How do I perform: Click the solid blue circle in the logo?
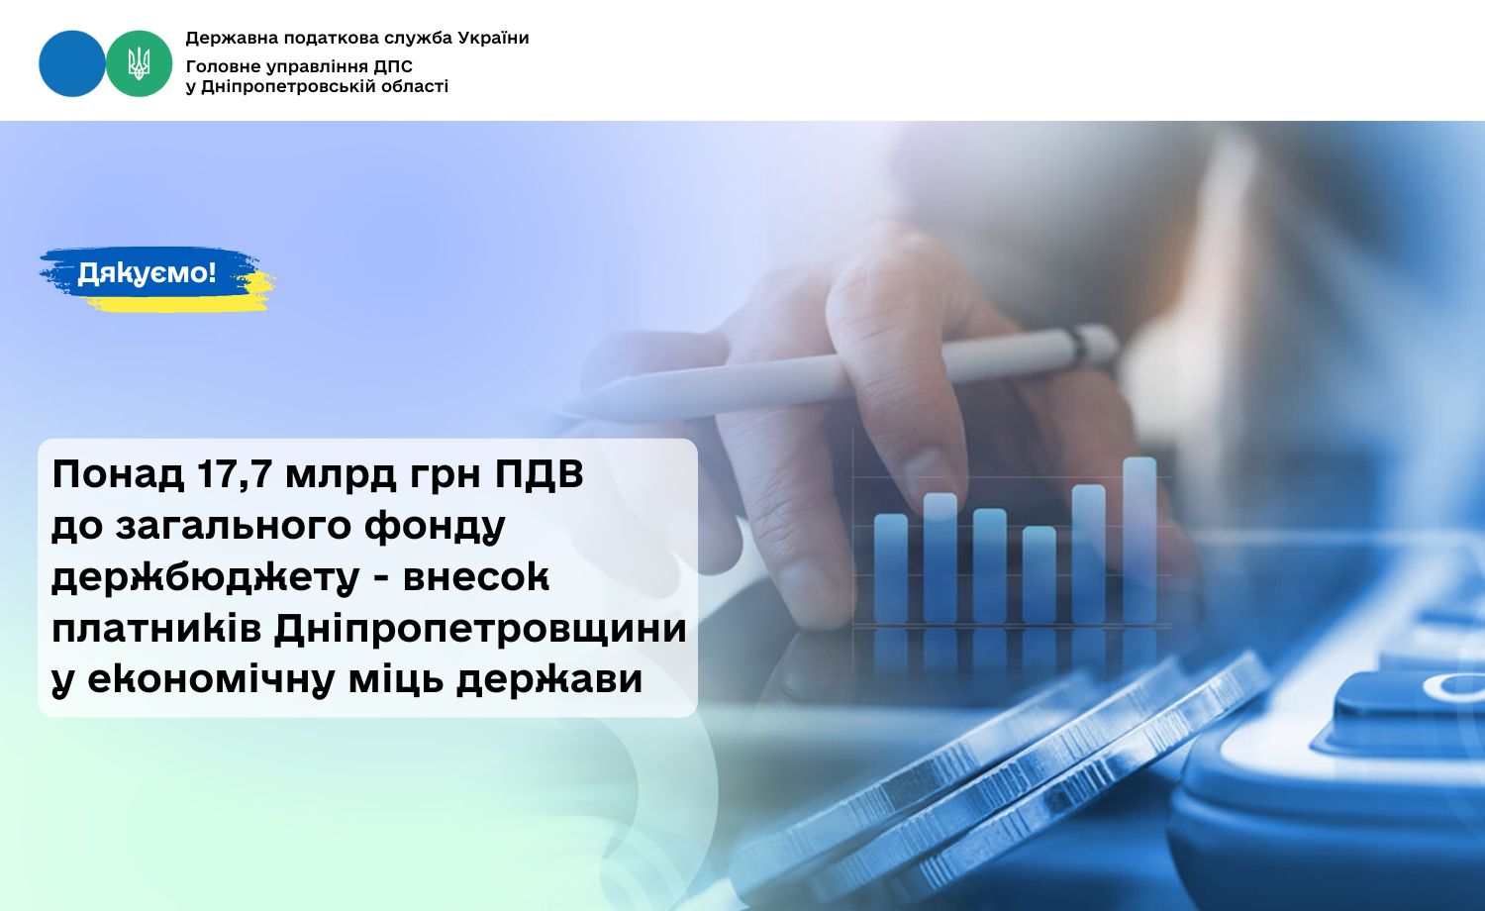[72, 63]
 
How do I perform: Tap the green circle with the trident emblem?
[140, 63]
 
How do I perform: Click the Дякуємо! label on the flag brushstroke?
[148, 272]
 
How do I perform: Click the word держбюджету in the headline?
[206, 578]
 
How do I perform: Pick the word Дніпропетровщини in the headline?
[480, 629]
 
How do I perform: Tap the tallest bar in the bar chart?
[1139, 541]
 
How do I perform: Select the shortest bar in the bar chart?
[1039, 575]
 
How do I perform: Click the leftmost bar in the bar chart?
[891, 568]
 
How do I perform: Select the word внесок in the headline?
[476, 577]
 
